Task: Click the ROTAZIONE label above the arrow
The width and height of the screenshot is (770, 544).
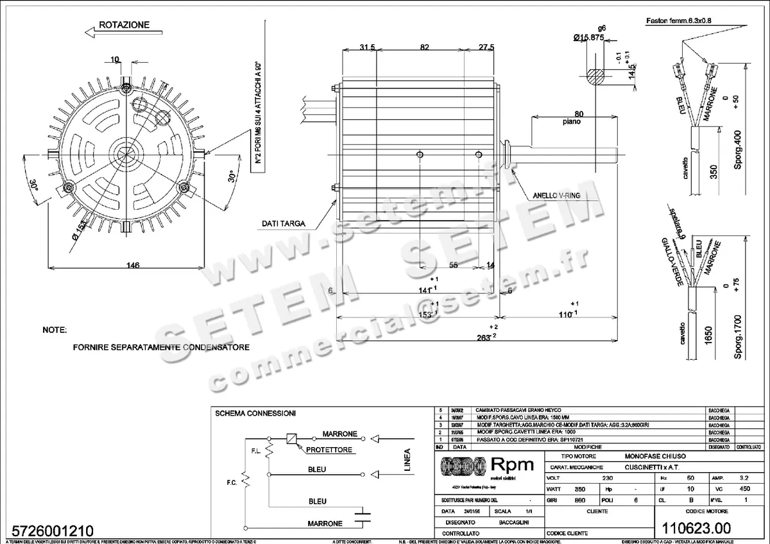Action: (124, 25)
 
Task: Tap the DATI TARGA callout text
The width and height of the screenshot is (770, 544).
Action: (283, 224)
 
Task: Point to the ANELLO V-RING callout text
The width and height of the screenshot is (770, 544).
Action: (557, 195)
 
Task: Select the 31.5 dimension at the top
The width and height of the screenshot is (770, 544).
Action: (368, 47)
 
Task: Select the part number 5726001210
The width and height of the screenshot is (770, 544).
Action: (47, 531)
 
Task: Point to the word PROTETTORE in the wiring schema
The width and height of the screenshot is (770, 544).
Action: (329, 450)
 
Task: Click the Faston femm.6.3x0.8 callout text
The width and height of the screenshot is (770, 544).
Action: (679, 21)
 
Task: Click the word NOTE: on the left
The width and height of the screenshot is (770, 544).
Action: (55, 330)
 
